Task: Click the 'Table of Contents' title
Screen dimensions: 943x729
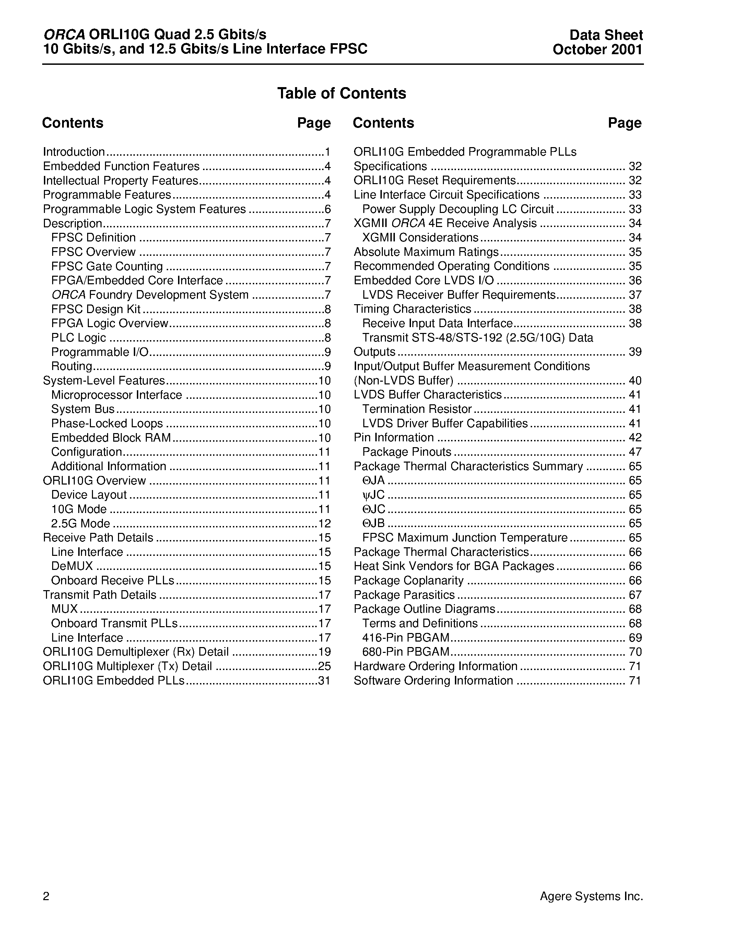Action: (341, 93)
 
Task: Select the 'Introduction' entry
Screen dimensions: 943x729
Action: (74, 152)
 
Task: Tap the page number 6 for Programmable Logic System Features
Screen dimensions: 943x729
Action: (327, 210)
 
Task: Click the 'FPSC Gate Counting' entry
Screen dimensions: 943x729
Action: (107, 266)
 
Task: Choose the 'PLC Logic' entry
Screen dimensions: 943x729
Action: (78, 338)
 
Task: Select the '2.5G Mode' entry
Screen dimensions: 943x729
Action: (80, 524)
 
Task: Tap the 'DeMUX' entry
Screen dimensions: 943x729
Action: (72, 566)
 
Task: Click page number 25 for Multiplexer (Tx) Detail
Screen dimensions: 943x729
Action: (324, 666)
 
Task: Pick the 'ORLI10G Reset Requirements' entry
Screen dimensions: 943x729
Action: (434, 180)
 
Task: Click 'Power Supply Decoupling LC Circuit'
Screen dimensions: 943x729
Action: (458, 210)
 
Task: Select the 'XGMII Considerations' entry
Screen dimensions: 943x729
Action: (420, 238)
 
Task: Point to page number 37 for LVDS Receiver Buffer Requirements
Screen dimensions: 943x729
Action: (635, 295)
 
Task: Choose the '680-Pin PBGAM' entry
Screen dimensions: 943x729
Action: (405, 652)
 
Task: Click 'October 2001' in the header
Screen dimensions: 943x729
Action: (597, 50)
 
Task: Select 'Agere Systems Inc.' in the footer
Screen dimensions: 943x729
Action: (591, 896)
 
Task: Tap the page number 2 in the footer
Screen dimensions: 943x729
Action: (46, 897)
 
